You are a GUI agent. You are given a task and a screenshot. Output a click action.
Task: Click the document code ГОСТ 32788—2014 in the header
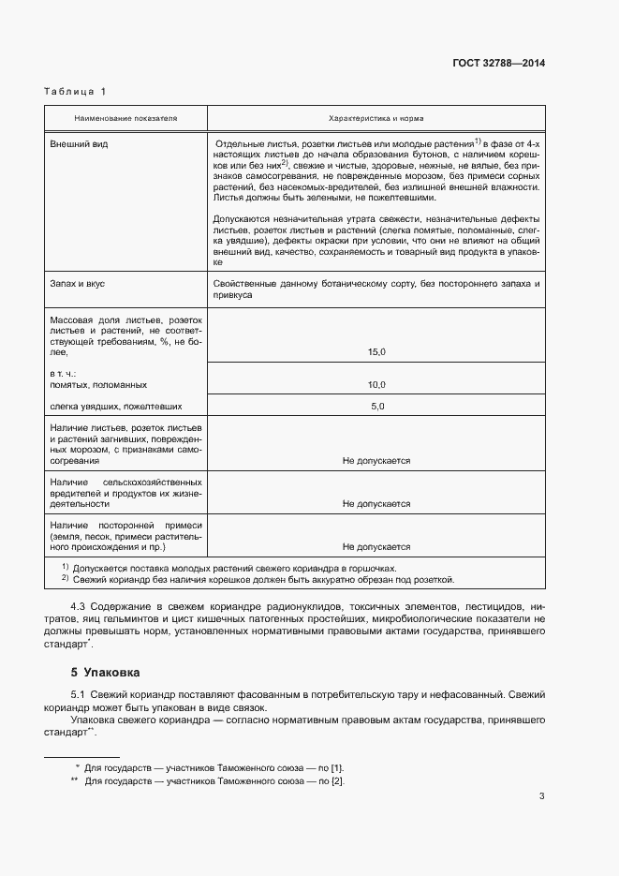coord(498,63)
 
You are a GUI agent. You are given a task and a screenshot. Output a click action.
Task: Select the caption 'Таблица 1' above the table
coord(76,91)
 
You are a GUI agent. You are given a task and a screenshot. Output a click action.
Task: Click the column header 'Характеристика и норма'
coord(376,119)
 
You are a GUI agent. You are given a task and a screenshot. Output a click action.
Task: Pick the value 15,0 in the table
coord(376,351)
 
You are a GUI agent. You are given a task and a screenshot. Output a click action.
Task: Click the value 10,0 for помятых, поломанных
coord(376,385)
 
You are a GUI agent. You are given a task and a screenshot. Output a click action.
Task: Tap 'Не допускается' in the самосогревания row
coord(376,461)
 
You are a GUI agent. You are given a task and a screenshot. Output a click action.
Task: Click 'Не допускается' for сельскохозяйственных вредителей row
coord(376,504)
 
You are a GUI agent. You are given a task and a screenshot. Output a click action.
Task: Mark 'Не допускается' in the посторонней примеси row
coord(376,546)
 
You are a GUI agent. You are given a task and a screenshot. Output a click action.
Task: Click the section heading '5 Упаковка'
coord(104,673)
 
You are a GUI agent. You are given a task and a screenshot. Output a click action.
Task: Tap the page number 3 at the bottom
coord(541,796)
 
